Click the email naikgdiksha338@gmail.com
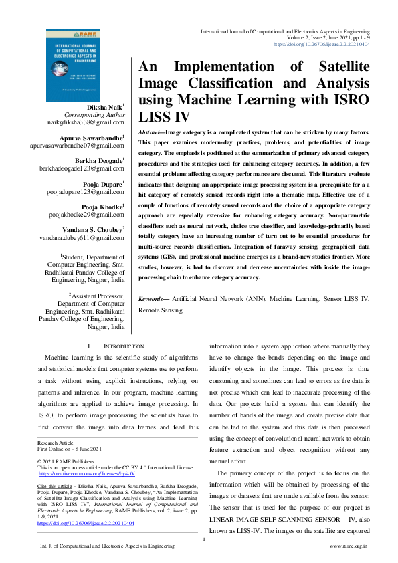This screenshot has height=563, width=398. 92,124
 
